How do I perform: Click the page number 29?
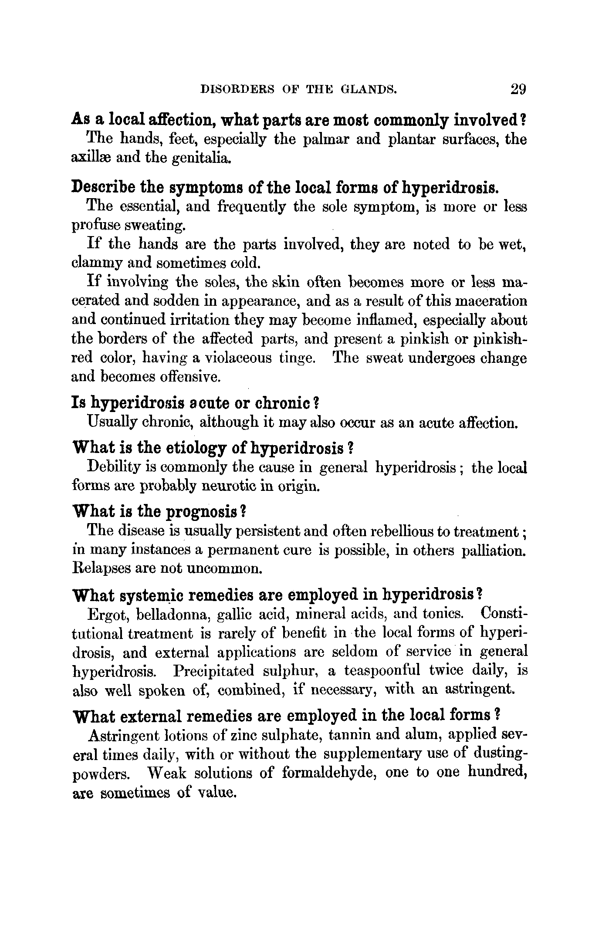(518, 89)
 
